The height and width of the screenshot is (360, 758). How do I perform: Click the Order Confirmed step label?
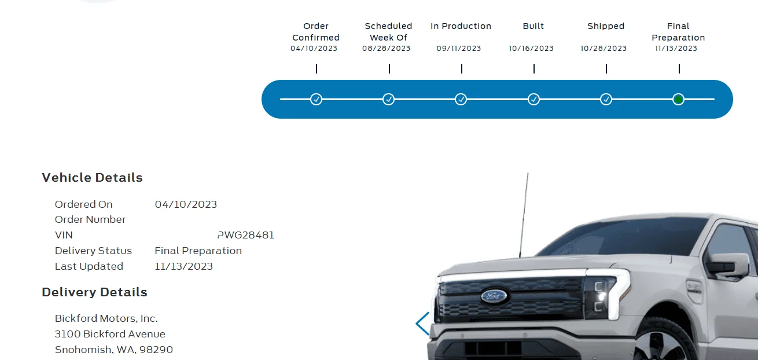(x=316, y=32)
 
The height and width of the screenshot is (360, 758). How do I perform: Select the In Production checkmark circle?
(x=461, y=100)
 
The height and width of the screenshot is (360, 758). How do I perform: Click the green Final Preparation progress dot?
(x=679, y=100)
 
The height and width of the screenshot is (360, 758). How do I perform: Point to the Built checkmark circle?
(x=533, y=100)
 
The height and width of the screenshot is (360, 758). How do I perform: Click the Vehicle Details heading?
(x=92, y=178)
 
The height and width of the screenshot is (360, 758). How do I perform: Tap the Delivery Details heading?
(x=94, y=292)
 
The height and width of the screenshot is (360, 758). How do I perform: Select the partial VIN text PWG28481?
(x=246, y=235)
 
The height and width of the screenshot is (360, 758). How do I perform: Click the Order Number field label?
(x=90, y=219)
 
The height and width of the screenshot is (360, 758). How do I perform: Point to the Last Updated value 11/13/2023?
(x=183, y=266)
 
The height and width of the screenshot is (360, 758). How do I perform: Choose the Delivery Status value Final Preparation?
(x=198, y=251)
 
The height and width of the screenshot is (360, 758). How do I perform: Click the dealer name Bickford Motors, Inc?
(x=106, y=318)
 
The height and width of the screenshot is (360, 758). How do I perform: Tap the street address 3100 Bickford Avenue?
(x=110, y=334)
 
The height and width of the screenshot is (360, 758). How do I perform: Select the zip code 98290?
(x=159, y=350)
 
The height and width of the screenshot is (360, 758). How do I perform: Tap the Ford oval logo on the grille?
(x=494, y=296)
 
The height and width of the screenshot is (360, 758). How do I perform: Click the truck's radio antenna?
(x=524, y=214)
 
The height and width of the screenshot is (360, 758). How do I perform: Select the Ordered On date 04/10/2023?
(x=186, y=204)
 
